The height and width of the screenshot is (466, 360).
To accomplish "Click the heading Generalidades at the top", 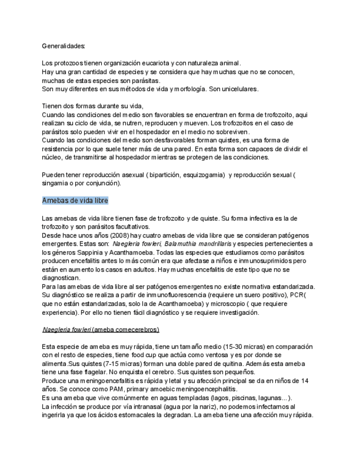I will [63, 46].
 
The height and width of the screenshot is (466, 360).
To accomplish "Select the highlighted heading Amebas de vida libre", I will [75, 201].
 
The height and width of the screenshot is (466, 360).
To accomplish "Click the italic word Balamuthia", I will [181, 243].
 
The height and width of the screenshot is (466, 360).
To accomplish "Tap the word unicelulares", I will [234, 89].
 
